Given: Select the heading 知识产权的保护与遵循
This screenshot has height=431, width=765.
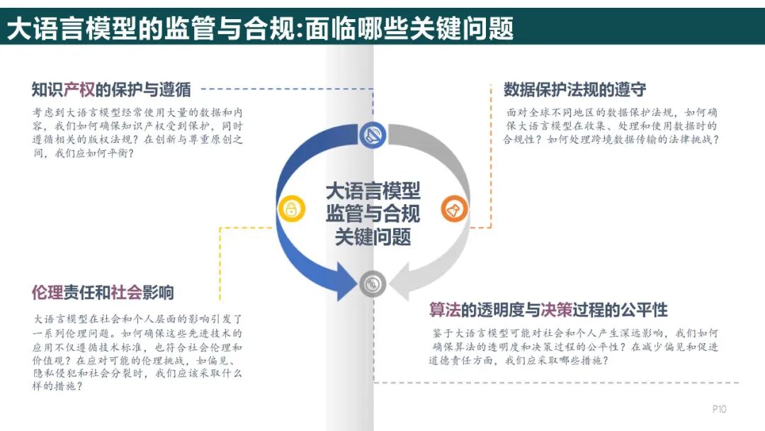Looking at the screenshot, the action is pyautogui.click(x=111, y=90).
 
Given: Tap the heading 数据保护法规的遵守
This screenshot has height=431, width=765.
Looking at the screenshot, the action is pyautogui.click(x=574, y=90).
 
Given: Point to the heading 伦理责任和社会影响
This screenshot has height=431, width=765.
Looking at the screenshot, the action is pyautogui.click(x=103, y=292).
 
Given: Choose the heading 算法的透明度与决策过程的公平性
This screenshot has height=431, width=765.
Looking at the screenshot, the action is pyautogui.click(x=548, y=310).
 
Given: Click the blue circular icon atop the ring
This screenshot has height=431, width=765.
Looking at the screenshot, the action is pyautogui.click(x=373, y=135).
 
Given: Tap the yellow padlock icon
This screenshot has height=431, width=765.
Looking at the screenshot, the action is pyautogui.click(x=290, y=208).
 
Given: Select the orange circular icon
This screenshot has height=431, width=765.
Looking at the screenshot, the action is pyautogui.click(x=454, y=208).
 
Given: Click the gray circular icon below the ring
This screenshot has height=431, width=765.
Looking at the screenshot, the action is pyautogui.click(x=373, y=284).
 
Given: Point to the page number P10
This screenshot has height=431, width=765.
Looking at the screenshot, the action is pyautogui.click(x=719, y=409).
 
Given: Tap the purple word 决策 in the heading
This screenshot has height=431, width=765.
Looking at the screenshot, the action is pyautogui.click(x=555, y=310).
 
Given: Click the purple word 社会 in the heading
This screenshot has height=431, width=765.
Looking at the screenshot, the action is pyautogui.click(x=126, y=292).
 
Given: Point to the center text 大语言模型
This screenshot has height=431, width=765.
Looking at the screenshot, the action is pyautogui.click(x=373, y=190).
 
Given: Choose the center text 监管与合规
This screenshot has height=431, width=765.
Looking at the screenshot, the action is pyautogui.click(x=373, y=213).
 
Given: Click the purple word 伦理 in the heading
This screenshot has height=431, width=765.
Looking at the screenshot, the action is pyautogui.click(x=48, y=292).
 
